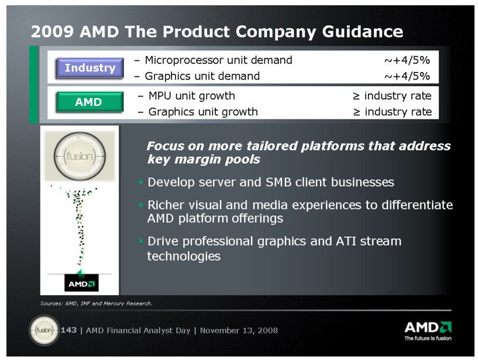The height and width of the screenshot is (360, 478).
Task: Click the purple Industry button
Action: [x=90, y=68]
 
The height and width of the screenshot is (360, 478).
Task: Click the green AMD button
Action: [x=90, y=102]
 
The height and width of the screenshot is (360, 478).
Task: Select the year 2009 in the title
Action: [x=52, y=32]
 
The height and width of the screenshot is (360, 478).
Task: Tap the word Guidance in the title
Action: [x=363, y=32]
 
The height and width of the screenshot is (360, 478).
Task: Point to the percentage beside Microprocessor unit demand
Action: [x=407, y=60]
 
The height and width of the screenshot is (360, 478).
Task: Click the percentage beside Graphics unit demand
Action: [x=407, y=76]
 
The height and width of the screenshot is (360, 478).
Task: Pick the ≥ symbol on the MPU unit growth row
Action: [x=356, y=97]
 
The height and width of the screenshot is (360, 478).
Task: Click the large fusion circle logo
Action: [x=80, y=156]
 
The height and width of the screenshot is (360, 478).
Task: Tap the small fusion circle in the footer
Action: [x=44, y=330]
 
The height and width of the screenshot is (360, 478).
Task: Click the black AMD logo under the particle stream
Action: [x=81, y=283]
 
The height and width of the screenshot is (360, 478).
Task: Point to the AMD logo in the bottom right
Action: [x=428, y=327]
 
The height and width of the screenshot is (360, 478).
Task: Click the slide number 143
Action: [x=68, y=330]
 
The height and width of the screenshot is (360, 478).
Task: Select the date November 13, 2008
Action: [x=239, y=330]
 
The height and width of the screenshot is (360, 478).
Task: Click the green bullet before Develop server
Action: [x=140, y=182]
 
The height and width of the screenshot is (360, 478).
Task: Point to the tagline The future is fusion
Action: [x=428, y=338]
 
